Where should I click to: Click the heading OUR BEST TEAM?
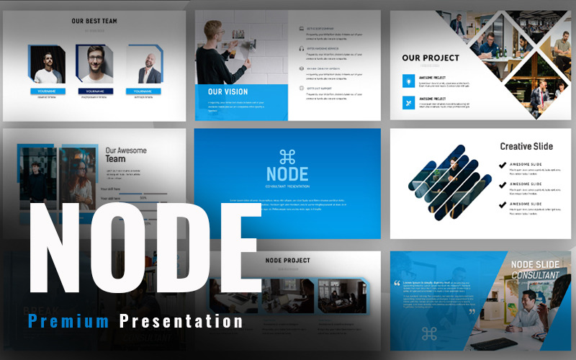[94, 22]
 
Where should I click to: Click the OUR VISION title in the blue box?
[228, 92]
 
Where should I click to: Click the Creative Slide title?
[526, 146]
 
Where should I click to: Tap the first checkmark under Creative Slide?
[503, 166]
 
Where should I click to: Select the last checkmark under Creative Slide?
[503, 206]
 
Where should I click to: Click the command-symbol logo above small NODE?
[287, 157]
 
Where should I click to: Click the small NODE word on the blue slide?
[287, 174]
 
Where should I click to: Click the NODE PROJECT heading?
[288, 261]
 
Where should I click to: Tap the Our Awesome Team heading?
[126, 155]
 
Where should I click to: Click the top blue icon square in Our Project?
[408, 81]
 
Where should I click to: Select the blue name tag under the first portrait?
[45, 91]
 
